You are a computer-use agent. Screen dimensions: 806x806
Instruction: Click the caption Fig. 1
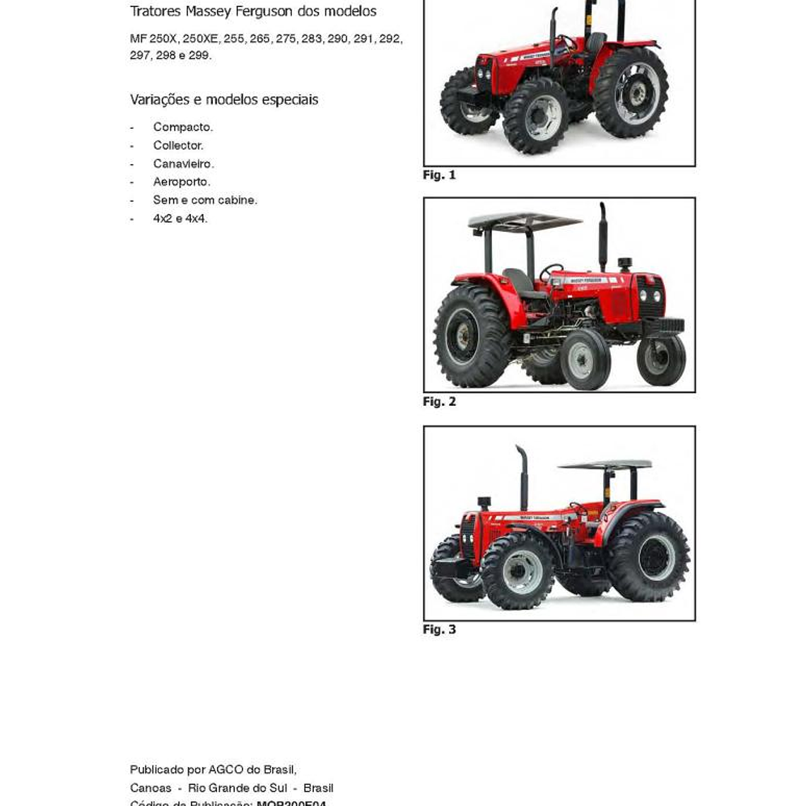[x=439, y=175]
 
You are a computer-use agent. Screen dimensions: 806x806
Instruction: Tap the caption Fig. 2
[x=439, y=402]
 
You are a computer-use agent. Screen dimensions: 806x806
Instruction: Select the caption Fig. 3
[x=439, y=629]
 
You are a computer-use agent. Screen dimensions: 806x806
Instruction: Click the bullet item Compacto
[x=182, y=127]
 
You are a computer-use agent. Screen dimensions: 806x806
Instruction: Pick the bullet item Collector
[x=178, y=146]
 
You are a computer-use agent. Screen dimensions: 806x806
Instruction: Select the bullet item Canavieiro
[x=183, y=164]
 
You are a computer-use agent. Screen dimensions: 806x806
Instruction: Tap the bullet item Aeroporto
[x=182, y=182]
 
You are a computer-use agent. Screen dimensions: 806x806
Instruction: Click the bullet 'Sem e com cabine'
[x=205, y=200]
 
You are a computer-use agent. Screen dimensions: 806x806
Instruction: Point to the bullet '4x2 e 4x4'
[x=180, y=218]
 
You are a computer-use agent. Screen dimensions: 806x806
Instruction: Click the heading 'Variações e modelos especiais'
[x=224, y=100]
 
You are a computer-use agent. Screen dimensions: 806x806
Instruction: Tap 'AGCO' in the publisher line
[x=225, y=769]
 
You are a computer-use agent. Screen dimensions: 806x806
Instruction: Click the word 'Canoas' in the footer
[x=151, y=788]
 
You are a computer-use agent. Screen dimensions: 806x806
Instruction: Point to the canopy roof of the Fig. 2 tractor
[x=525, y=221]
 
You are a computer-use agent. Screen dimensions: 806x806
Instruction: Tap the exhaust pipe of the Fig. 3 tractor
[x=523, y=477]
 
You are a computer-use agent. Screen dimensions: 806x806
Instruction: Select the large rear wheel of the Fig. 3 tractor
[x=648, y=556]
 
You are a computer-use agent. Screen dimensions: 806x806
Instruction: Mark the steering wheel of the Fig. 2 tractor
[x=551, y=272]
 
